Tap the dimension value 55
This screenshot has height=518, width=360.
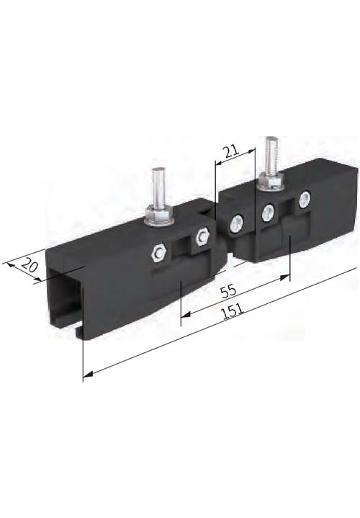click(x=228, y=291)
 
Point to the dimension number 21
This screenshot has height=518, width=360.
click(x=231, y=151)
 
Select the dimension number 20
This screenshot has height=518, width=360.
click(x=29, y=266)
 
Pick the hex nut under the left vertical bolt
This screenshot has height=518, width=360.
click(x=160, y=217)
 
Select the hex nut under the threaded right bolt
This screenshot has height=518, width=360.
click(x=271, y=182)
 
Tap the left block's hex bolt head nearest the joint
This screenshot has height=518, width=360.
click(x=202, y=236)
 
